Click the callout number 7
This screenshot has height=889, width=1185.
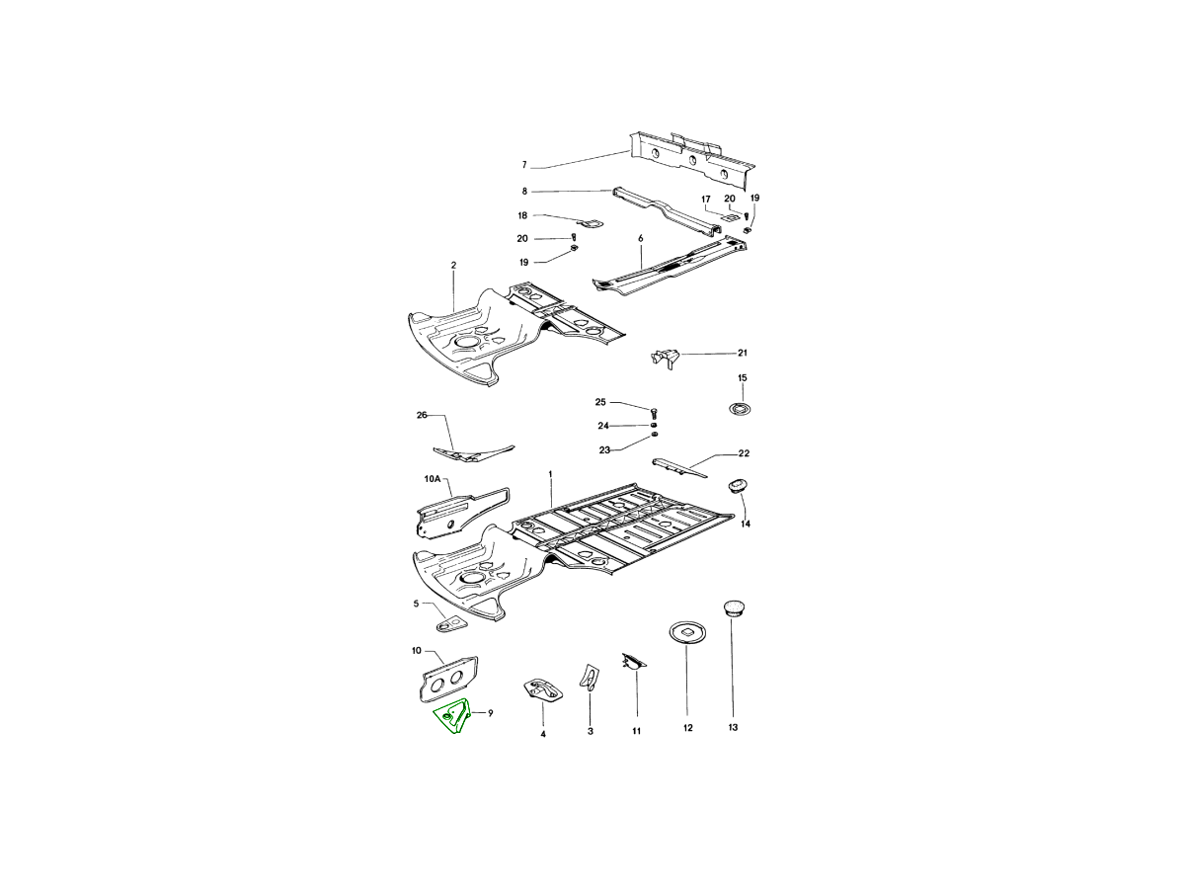coord(525,165)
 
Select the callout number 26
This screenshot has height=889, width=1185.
coord(422,416)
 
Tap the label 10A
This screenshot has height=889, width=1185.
coord(432,479)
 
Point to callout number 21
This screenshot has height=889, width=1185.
coord(743,353)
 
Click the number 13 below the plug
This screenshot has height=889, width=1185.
coord(733,728)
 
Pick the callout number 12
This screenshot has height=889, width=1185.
coord(687,729)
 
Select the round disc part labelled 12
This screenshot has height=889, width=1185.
coord(686,631)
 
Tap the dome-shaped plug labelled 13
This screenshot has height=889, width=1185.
coord(733,606)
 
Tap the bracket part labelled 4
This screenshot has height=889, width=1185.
coord(542,690)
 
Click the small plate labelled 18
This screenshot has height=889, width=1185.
coord(591,223)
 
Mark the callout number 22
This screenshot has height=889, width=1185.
coord(744,453)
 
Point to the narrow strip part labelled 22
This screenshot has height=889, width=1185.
coord(680,464)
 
